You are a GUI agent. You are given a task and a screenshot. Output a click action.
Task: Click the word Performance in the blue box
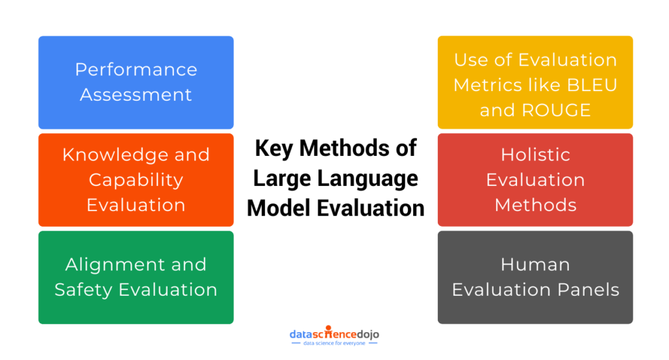136,70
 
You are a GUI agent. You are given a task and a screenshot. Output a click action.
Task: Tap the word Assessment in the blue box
136,95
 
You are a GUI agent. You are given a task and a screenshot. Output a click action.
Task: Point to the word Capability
136,181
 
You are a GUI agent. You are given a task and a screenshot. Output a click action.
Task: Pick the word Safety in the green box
84,290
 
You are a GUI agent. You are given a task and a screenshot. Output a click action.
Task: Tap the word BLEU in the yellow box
592,85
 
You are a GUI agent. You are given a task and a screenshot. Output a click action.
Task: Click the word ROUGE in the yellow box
557,110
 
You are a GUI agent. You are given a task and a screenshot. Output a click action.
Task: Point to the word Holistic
535,155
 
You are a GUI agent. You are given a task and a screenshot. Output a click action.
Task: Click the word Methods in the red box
535,205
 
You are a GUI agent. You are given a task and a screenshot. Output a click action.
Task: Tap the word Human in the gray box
535,264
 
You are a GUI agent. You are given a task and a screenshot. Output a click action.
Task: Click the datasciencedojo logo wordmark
334,333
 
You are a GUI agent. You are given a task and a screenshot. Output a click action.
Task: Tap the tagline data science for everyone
334,343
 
